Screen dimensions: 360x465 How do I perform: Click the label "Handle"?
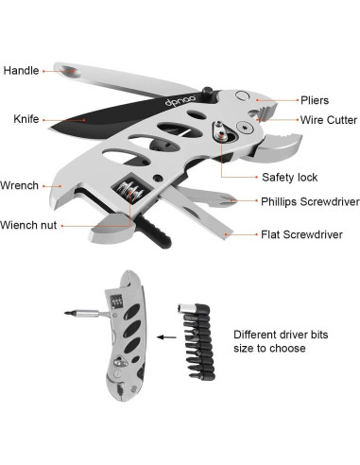20,70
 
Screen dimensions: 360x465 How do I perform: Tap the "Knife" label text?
26,119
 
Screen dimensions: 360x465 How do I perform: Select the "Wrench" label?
20,185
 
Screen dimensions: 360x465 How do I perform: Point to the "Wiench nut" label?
29,225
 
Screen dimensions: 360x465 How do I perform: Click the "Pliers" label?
315,99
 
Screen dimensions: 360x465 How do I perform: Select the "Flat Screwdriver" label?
301,233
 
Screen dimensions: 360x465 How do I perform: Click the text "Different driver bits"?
282,334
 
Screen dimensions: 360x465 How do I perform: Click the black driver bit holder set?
197,341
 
